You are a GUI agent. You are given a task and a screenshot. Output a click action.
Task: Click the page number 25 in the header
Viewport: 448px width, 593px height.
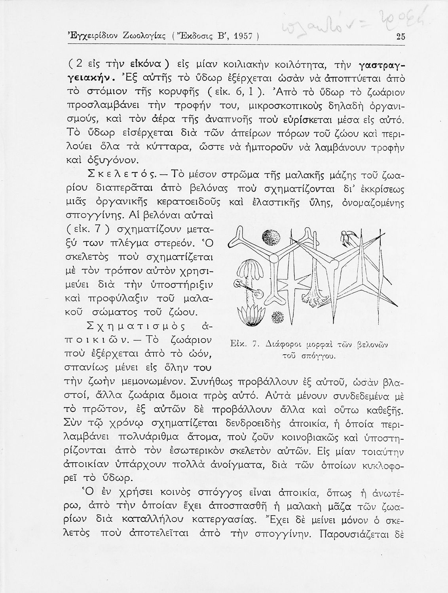coord(400,37)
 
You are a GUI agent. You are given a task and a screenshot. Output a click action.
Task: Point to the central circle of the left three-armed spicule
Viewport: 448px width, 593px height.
coord(273,259)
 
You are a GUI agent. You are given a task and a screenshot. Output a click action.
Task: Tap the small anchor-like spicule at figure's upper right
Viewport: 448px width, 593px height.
coord(350,237)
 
